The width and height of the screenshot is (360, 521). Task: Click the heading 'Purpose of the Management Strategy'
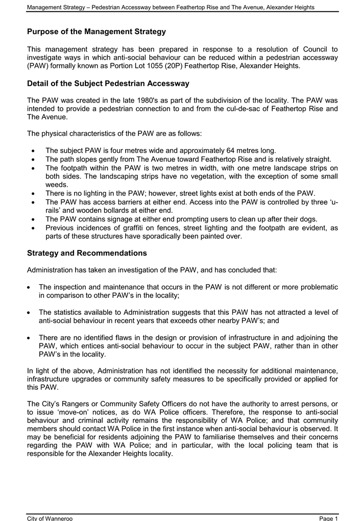(x=97, y=32)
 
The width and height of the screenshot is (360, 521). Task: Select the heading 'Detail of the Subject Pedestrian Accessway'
(x=108, y=83)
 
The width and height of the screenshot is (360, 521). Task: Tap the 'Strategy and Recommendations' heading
(x=87, y=253)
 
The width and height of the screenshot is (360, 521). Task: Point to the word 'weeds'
(x=56, y=185)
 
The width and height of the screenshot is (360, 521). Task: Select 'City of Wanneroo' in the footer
(x=50, y=518)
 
